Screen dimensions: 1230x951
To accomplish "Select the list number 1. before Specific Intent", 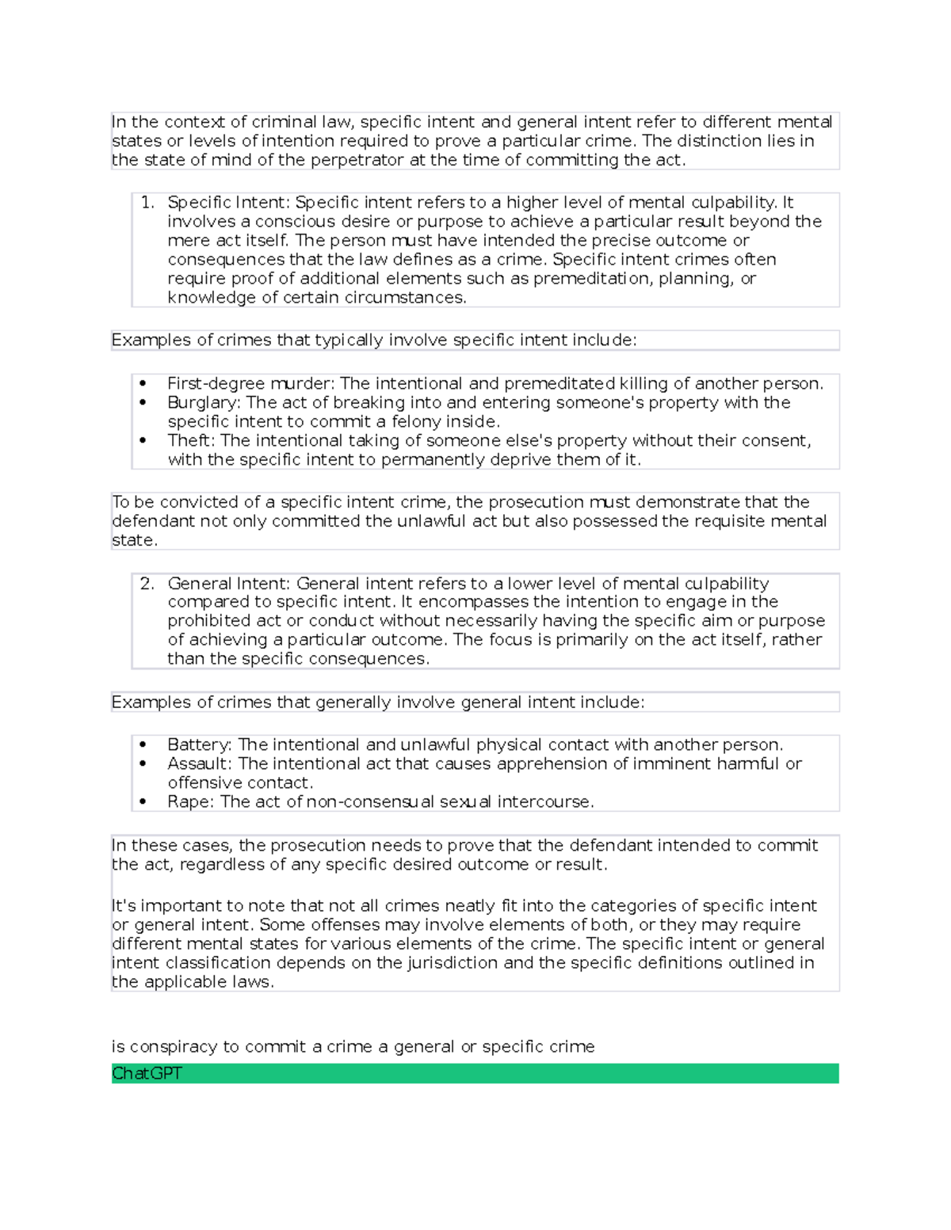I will (147, 203).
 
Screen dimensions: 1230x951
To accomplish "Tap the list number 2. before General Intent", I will (147, 584).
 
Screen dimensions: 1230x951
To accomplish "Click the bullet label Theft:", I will (191, 441).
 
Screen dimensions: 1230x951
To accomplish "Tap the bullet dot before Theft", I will (143, 441).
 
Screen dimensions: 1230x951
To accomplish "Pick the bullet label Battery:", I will (200, 745).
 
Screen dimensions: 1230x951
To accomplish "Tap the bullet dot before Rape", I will (143, 802).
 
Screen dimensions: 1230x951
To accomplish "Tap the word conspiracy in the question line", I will (174, 1047).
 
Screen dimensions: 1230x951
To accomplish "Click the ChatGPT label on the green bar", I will (147, 1074).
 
